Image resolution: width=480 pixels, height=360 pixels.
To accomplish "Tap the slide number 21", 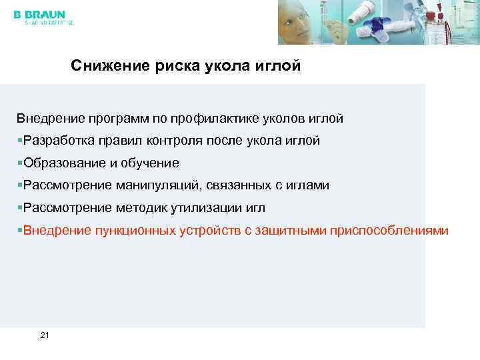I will [x=45, y=335].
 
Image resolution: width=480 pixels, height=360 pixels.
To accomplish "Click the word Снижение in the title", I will [x=103, y=67].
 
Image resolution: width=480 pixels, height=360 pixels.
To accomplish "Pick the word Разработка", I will [x=57, y=141].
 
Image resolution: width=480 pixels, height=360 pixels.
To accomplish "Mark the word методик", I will [x=139, y=208].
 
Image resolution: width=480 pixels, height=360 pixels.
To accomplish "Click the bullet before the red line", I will [x=20, y=230].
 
